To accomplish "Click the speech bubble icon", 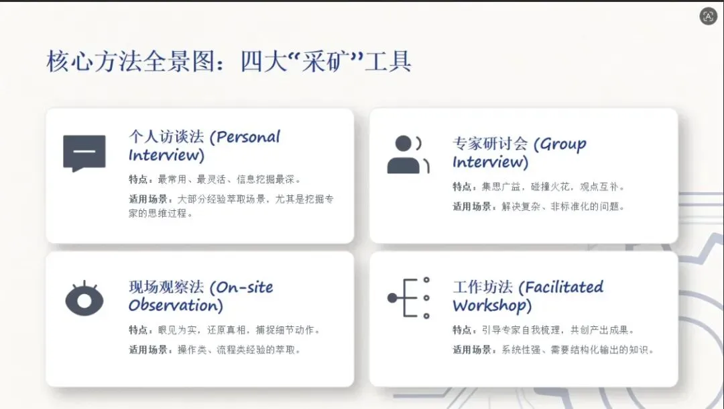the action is point(84,153).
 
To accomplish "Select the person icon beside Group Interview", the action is point(408,154).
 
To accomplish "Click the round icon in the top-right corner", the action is point(708,16).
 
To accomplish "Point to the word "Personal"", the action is point(248,137).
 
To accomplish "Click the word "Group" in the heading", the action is point(563,144).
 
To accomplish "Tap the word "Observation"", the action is point(173,306).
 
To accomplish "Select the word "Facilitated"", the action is point(564,287).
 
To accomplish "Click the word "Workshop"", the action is point(489,306).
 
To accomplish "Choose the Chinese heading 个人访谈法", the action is point(166,137).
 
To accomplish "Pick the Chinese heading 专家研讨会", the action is point(490,144).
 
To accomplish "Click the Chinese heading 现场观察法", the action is point(166,287).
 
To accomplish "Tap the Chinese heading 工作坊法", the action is point(483,287).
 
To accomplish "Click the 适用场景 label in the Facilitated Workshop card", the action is point(471,350).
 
